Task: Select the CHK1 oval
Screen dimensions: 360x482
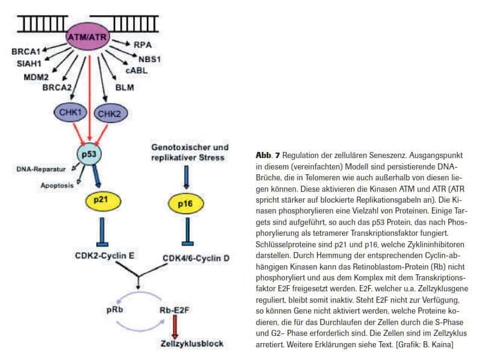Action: point(71,112)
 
